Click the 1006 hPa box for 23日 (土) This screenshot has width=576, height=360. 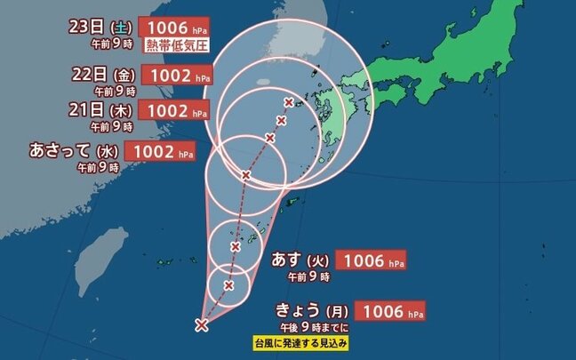[x=174, y=28]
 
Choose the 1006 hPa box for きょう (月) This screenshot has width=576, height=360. [x=389, y=311]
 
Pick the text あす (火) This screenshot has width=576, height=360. [x=301, y=261]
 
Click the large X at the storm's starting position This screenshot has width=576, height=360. [x=202, y=325]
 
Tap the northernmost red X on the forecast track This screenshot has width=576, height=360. [x=288, y=102]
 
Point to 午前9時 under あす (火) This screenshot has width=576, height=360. [x=308, y=277]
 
